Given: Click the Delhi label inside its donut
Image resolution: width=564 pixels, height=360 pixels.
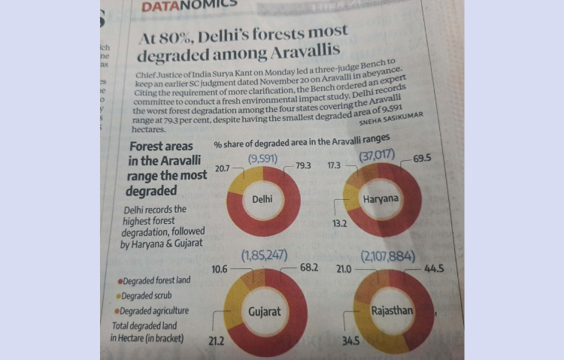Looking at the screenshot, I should tap(262, 200).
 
